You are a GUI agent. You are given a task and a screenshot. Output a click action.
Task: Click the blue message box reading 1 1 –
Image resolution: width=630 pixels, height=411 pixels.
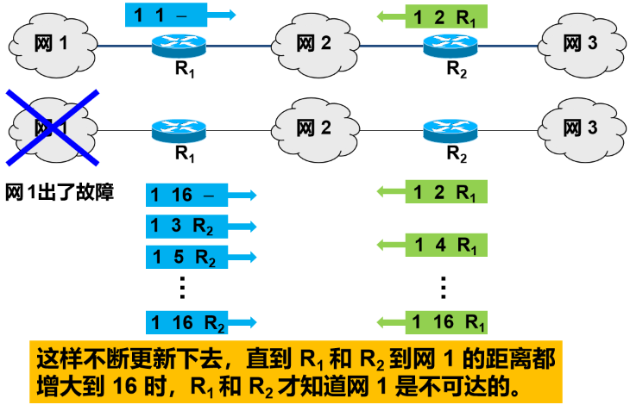coord(169,15)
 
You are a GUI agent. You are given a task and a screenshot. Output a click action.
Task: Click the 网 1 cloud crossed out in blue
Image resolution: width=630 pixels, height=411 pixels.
coord(52,128)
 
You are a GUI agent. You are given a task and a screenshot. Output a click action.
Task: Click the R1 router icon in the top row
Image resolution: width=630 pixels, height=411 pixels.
coord(179,44)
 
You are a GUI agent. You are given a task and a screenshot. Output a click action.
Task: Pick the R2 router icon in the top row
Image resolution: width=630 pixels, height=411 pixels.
coord(450,44)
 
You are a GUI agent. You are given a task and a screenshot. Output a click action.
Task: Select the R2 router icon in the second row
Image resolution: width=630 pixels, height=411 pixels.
coord(450,131)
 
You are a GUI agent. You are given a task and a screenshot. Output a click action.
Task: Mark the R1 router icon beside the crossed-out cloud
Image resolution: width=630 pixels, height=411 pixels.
coord(179,131)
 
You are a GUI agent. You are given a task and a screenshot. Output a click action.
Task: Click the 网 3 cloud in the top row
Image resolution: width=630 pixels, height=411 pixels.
coord(580,42)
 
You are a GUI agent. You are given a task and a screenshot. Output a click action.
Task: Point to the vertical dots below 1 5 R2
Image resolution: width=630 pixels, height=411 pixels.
coord(182,287)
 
